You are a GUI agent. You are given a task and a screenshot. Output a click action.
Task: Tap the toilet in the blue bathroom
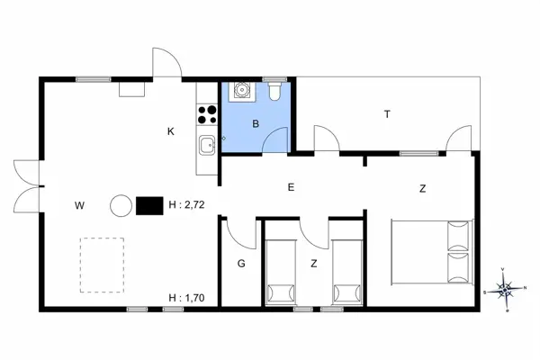pos(275,91)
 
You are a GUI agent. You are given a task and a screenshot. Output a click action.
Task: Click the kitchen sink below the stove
pos(207,144)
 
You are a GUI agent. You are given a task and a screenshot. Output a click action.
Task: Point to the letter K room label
pos(170,131)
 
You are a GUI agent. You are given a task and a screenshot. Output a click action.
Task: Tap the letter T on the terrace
pos(387,114)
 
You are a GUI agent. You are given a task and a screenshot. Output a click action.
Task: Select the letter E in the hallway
pos(291,187)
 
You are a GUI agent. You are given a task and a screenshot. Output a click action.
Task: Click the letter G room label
pos(241,264)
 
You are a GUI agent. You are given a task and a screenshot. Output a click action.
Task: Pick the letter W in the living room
pos(79,206)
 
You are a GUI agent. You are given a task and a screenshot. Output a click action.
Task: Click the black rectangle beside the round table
pos(148,206)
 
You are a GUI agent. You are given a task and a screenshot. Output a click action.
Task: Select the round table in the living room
pos(121,206)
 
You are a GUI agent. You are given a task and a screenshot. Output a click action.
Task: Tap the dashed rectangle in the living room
pos(102,264)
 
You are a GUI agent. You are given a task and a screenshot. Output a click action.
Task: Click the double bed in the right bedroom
pos(431,252)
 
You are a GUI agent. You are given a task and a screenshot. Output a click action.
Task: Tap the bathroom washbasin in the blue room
pos(242,91)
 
